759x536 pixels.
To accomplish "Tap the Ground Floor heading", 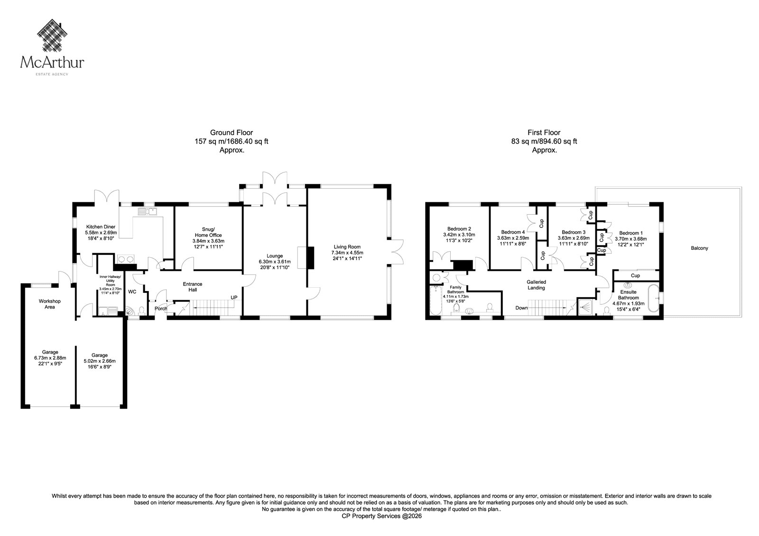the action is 231,133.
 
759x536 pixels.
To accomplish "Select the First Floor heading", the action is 544,133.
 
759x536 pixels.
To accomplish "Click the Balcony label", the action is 699,248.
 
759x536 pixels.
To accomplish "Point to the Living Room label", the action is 347,247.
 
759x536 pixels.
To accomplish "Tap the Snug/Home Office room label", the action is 208,232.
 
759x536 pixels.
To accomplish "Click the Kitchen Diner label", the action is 101,227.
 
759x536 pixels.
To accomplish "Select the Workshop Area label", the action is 49,304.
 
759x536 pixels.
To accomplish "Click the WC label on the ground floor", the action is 132,291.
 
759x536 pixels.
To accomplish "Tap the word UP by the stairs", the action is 234,298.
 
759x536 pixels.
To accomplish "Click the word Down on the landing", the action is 521,308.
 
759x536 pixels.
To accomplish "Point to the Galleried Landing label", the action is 536,285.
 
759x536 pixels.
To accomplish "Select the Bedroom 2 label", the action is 459,229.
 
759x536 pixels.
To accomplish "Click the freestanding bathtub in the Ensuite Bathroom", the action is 654,298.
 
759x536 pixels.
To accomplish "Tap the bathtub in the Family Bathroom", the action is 435,301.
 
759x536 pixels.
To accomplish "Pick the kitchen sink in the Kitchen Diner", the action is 148,212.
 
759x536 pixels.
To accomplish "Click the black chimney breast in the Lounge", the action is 310,258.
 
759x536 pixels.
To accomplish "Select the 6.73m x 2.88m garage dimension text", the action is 50,357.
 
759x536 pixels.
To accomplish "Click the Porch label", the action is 161,309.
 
